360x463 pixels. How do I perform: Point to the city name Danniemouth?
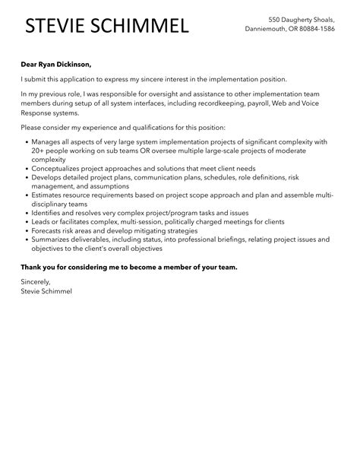[270, 29]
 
